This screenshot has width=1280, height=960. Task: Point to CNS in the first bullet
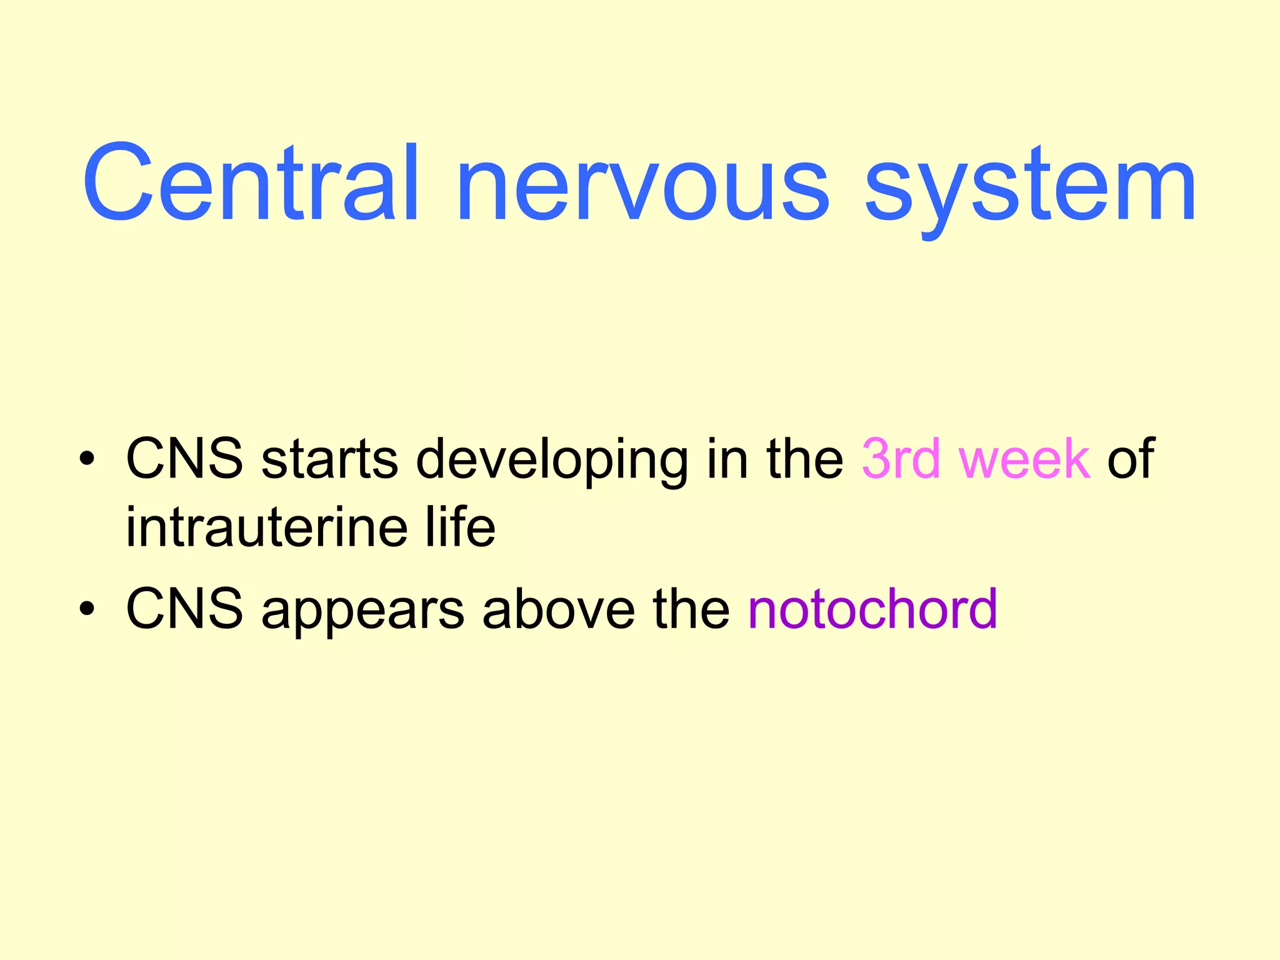[184, 459]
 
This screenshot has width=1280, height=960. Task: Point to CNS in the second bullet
[184, 609]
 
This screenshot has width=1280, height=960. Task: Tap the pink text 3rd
[901, 459]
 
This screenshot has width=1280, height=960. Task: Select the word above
[559, 609]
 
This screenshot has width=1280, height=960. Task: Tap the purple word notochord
[872, 609]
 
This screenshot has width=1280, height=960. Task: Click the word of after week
[1131, 459]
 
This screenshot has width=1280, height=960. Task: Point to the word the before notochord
[691, 609]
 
